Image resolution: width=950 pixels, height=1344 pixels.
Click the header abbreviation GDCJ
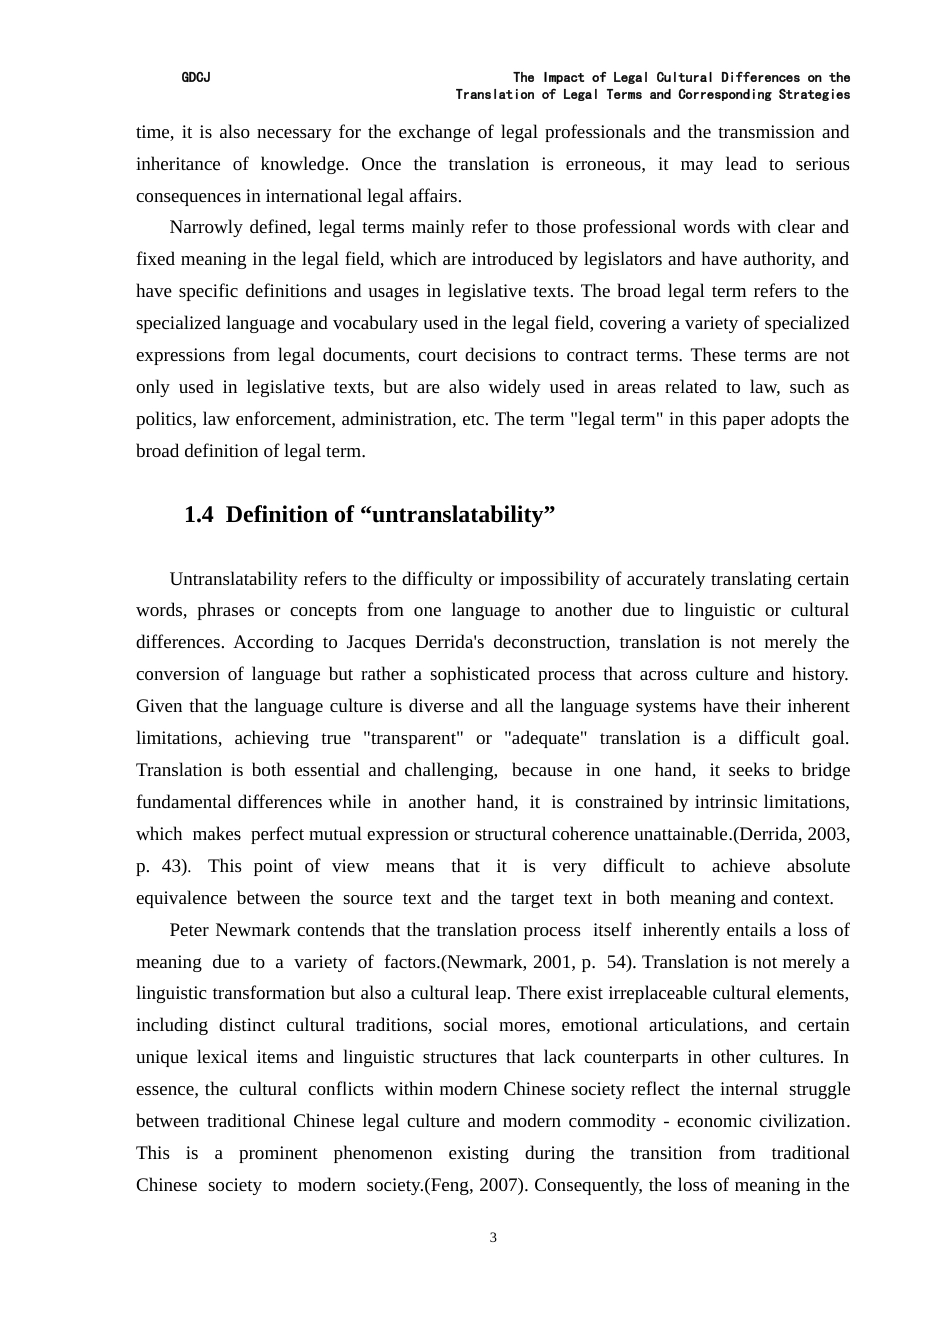(x=195, y=77)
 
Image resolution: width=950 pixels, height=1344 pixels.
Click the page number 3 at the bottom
(x=493, y=1238)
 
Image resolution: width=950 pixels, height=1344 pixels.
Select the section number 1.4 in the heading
(x=199, y=515)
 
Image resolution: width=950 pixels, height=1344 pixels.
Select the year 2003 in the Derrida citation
(x=827, y=834)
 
